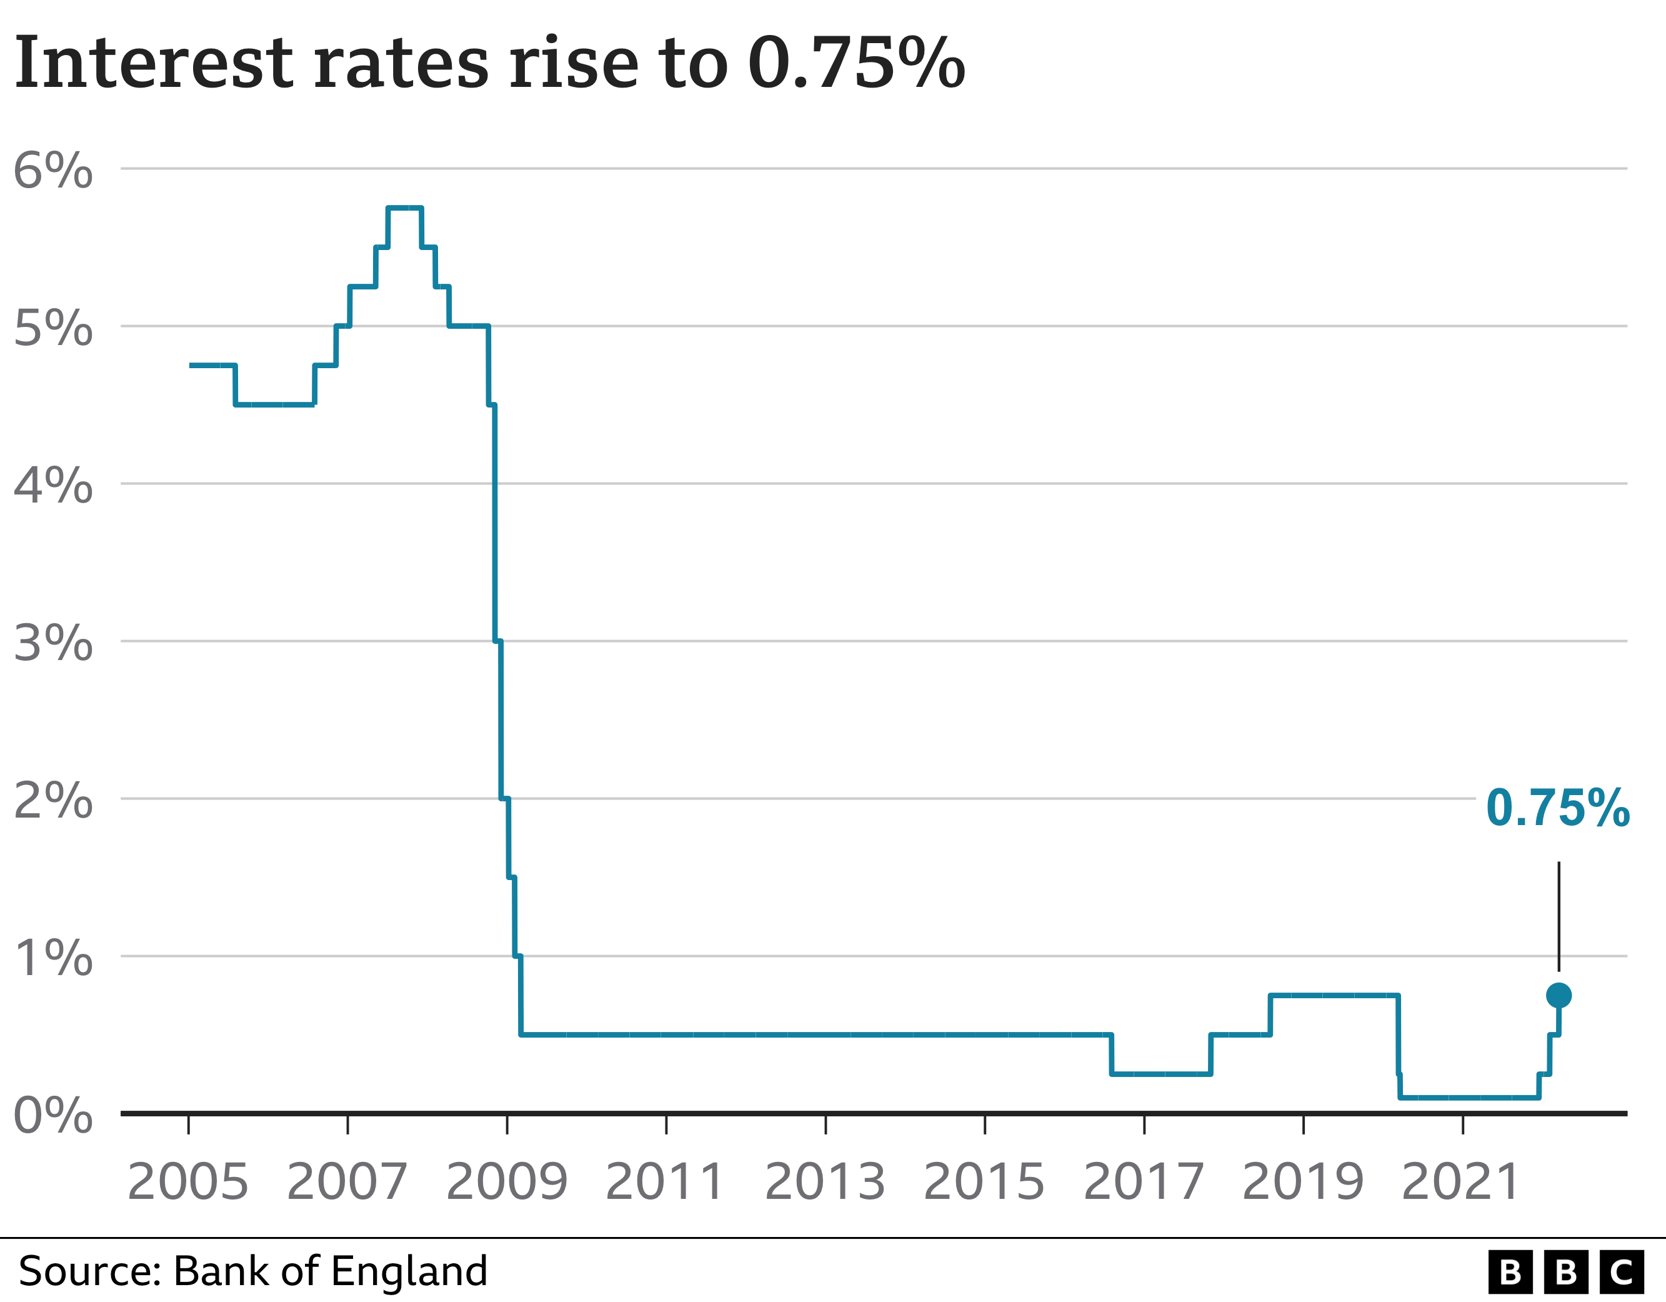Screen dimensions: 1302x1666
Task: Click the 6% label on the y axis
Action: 52,170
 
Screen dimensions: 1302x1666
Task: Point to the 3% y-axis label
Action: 52,643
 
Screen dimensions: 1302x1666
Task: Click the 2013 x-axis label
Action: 825,1182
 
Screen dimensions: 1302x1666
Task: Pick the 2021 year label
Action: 1462,1182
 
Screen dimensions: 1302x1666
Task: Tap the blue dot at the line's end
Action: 1559,995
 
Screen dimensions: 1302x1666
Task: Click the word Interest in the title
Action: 153,63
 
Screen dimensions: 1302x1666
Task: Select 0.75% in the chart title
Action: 856,63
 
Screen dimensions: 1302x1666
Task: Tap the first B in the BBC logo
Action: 1510,1272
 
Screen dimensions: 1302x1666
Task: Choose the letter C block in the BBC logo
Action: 1621,1272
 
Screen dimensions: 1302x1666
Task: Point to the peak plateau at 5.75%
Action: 404,208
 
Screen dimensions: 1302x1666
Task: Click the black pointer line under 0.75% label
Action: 1559,916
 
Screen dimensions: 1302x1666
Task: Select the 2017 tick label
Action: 1144,1182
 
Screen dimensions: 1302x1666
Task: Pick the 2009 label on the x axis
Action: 507,1182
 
